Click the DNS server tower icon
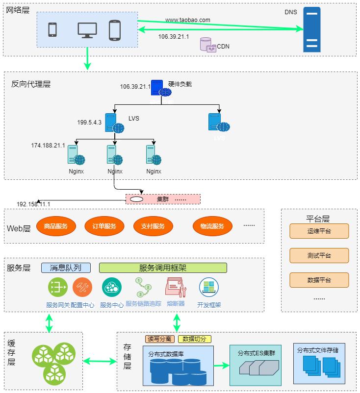[x=311, y=29]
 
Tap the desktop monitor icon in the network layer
[x=87, y=30]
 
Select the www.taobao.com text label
[x=187, y=20]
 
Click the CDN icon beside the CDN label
[x=208, y=45]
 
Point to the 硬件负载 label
[x=180, y=84]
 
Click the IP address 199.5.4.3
[x=89, y=123]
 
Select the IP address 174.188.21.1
[x=48, y=146]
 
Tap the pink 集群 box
[x=163, y=199]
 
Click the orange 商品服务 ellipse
[x=56, y=226]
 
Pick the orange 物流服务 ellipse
[x=212, y=226]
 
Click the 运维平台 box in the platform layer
[x=319, y=231]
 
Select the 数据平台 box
[x=319, y=280]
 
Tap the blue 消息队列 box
[x=66, y=268]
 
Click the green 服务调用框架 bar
[x=163, y=268]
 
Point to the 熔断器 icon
[x=176, y=288]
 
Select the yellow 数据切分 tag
[x=195, y=339]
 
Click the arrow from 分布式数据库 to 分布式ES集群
[x=222, y=365]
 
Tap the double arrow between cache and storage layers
[x=100, y=362]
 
